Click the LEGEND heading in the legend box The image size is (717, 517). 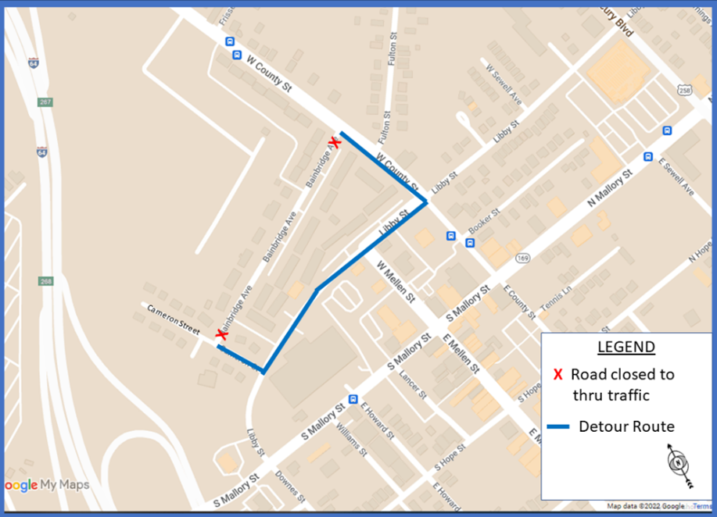[x=626, y=347]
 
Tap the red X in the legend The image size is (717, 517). [x=557, y=375]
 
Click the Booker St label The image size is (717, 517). [x=484, y=223]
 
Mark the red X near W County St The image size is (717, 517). [x=335, y=143]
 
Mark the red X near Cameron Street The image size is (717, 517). [x=221, y=334]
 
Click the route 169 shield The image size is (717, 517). [x=523, y=258]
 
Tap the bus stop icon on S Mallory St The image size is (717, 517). [x=353, y=398]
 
